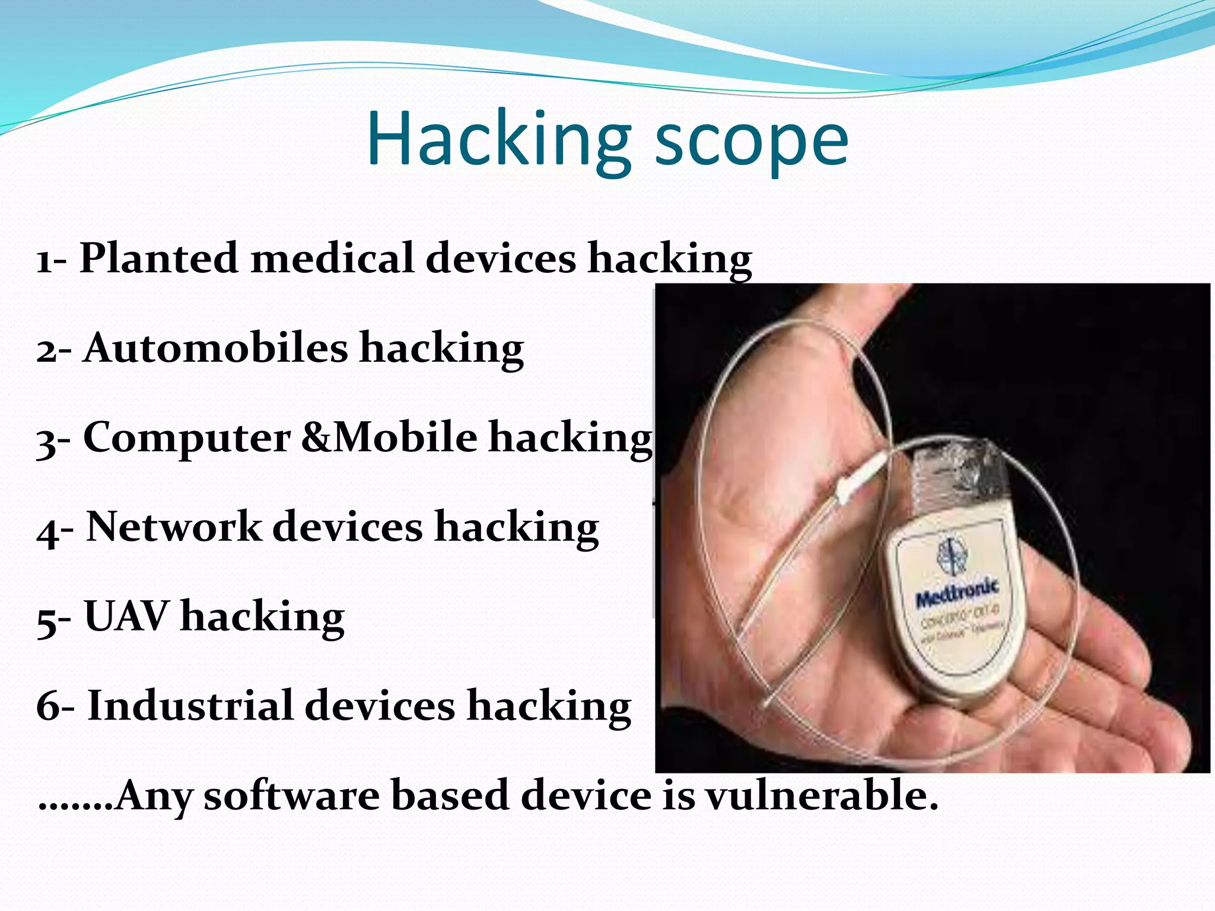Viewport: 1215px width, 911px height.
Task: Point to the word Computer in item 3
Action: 187,438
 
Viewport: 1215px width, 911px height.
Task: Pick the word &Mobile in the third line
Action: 389,438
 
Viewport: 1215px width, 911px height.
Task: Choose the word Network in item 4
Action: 174,527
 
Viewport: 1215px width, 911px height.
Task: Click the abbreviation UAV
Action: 126,617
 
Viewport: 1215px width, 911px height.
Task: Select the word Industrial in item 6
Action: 190,706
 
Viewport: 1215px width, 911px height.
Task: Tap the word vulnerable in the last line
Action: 822,796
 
